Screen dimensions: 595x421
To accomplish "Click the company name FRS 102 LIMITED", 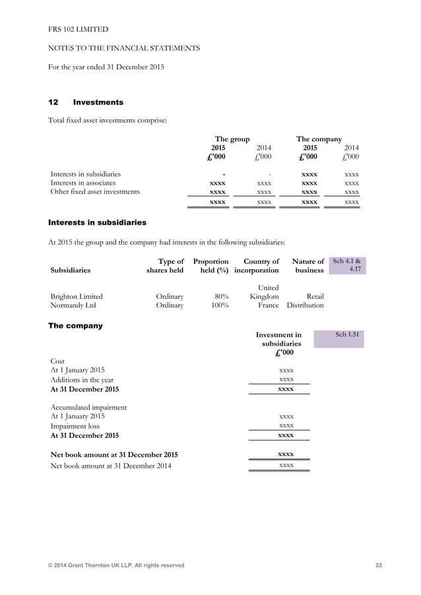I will coord(79,30).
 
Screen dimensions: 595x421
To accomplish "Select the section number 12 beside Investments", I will coord(54,102).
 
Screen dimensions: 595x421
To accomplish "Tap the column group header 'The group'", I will coord(232,139).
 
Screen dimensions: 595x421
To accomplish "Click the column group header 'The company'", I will coord(319,139).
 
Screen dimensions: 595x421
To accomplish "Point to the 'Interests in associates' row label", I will coord(83,183).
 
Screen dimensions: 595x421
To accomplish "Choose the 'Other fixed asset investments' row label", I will coord(95,192).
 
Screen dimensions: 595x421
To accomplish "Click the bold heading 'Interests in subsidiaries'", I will coord(98,222).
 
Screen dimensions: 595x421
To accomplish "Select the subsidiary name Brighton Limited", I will coord(77,297).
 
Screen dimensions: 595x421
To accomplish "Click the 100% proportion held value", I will coord(219,306).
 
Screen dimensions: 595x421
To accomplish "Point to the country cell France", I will coord(267,306).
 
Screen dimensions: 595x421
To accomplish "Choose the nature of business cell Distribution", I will coord(305,306).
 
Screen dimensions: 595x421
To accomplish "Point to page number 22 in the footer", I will coord(378,565).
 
